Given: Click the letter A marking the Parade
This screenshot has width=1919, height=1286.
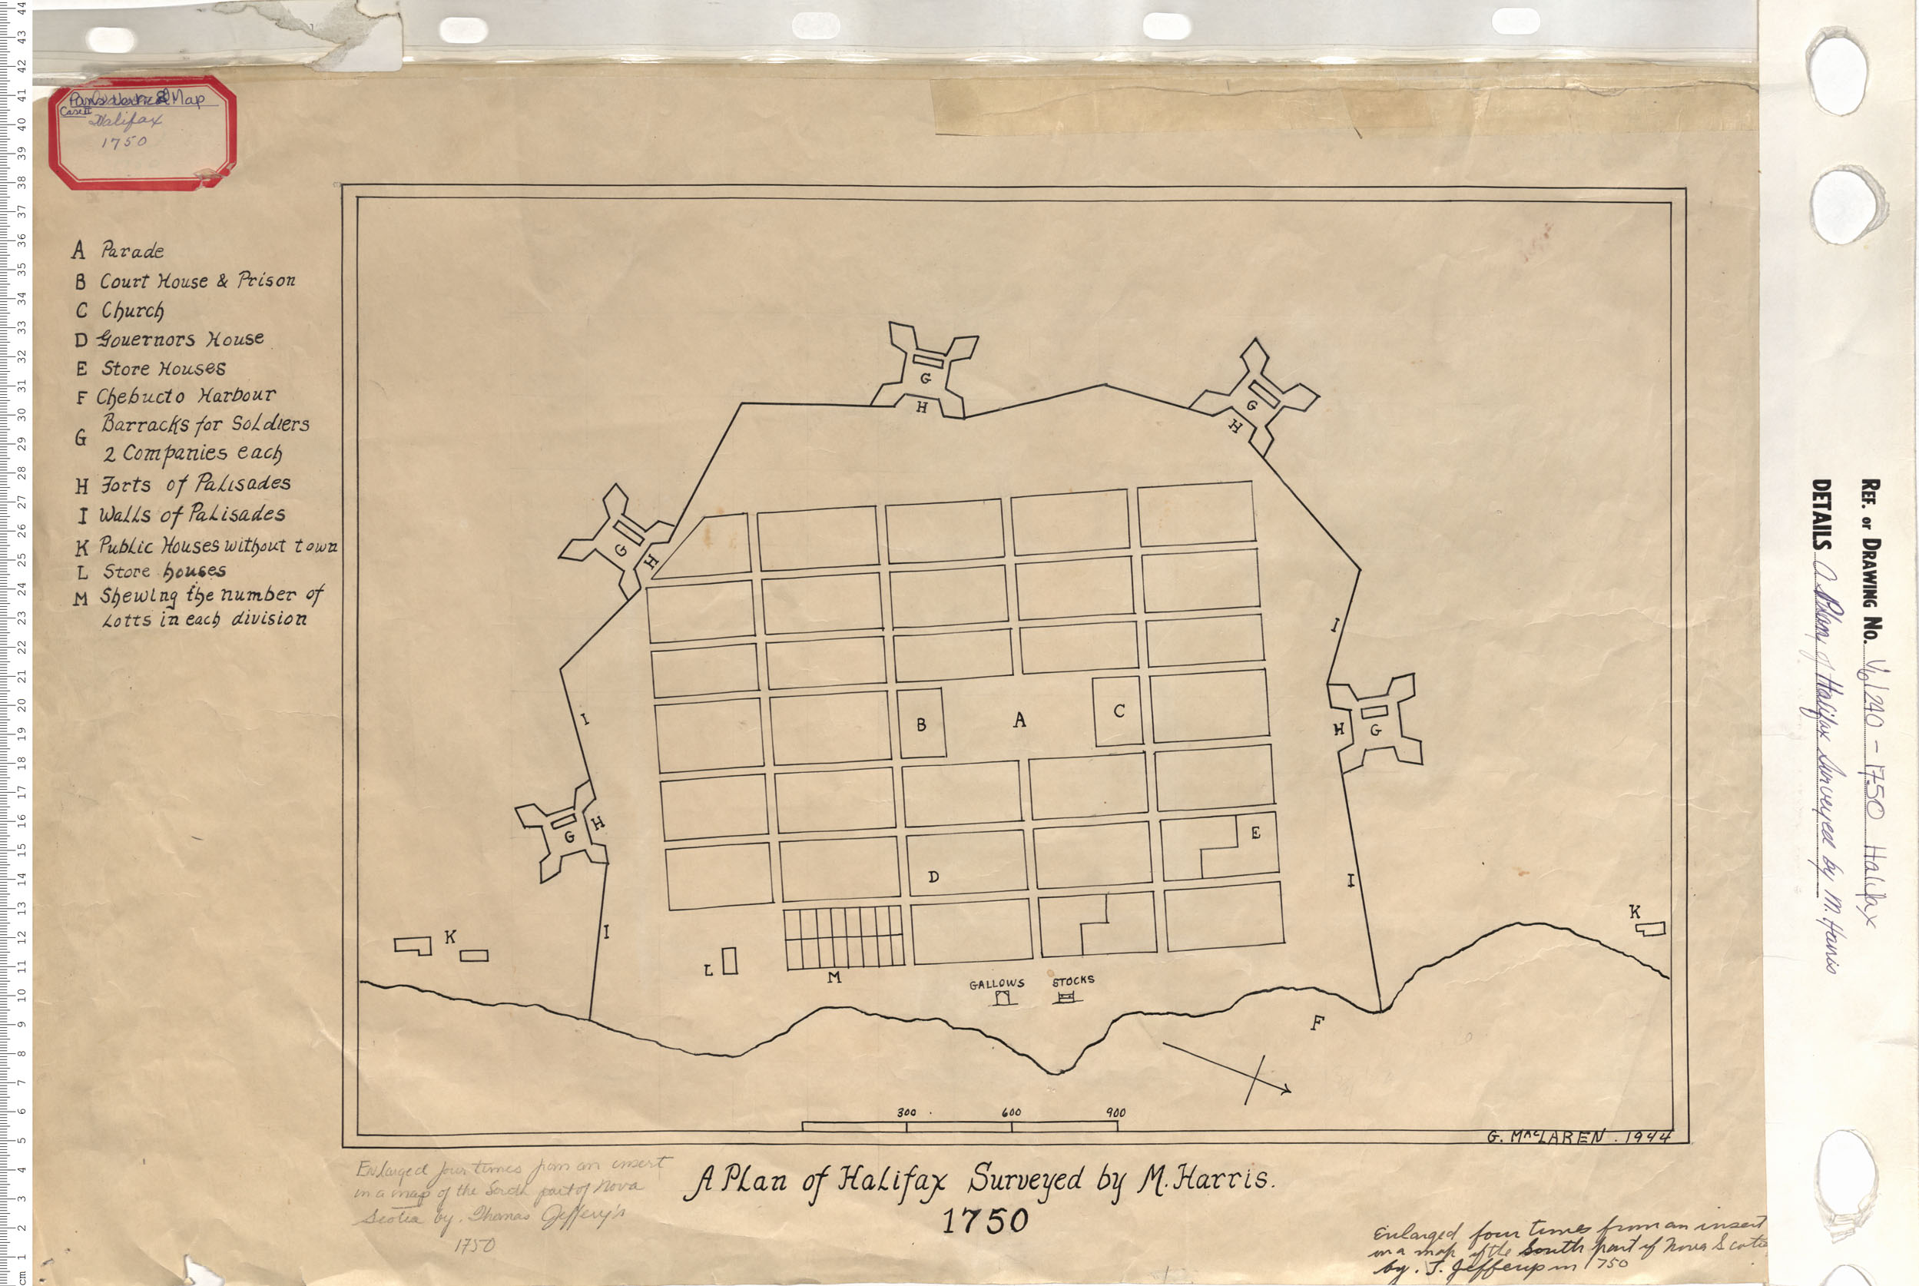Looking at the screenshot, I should [1019, 720].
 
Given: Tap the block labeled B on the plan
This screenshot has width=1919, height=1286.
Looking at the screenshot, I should [922, 724].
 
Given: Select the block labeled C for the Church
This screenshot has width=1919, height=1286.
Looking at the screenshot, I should [1118, 711].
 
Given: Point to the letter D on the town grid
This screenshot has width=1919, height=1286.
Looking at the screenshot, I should [933, 877].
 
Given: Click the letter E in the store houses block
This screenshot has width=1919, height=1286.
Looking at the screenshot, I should [1255, 834].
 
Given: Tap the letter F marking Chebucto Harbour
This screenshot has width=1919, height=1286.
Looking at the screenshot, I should [1317, 1023].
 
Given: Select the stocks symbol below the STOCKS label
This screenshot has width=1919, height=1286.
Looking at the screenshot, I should [1066, 997].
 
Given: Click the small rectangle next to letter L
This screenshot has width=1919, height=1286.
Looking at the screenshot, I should [729, 960].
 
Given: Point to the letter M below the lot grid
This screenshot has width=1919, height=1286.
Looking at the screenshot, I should [834, 977].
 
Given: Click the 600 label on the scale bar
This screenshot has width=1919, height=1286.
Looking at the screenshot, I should [1011, 1112].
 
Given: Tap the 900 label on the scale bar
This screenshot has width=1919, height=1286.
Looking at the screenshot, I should [1115, 1113].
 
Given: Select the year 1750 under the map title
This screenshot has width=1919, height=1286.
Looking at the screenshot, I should [984, 1221].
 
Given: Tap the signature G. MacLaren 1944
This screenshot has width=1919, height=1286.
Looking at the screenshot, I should [1578, 1137].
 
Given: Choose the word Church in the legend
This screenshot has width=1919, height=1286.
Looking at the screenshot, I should [133, 311].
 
